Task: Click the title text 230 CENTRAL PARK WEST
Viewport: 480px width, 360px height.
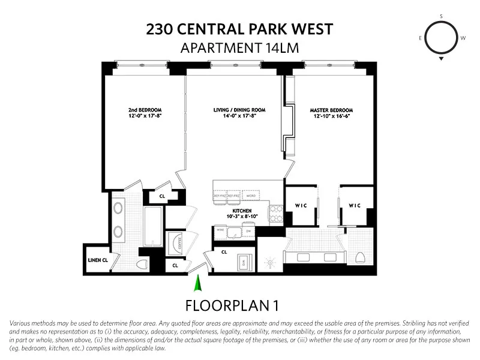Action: pos(239,29)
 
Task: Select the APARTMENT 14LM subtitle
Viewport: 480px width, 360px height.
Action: pos(239,48)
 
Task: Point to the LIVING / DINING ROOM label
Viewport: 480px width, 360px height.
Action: pos(239,110)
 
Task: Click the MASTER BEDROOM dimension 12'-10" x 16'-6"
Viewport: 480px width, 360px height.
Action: pos(331,116)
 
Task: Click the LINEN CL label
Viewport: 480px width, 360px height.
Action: pos(97,260)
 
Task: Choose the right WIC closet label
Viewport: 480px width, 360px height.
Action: pos(355,206)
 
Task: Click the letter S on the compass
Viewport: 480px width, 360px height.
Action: pos(441,16)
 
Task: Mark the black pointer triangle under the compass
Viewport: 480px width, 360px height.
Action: pos(441,59)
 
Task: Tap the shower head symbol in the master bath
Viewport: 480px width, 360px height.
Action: pos(269,262)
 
